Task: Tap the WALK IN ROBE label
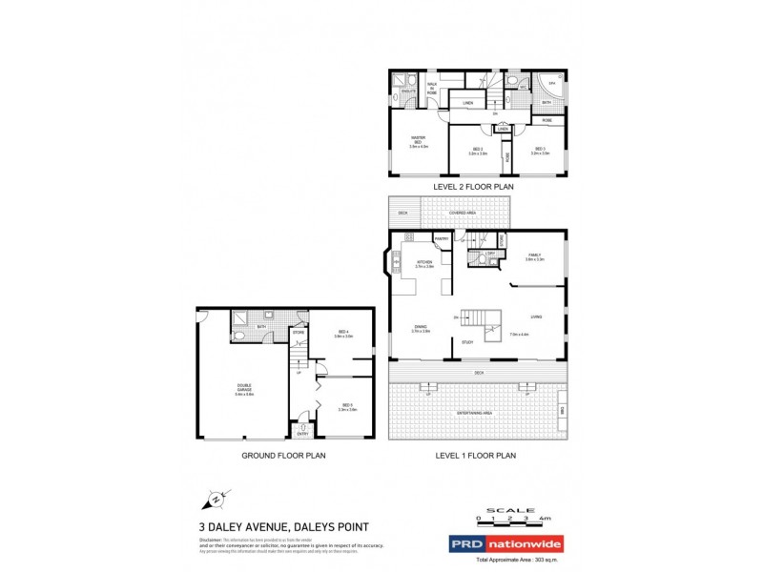432,89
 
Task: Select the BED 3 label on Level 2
540,150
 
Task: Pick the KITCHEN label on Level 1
424,263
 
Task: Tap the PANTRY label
442,238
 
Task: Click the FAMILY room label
534,255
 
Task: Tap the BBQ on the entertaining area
562,410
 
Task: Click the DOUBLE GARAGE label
244,389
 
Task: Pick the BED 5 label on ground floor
347,406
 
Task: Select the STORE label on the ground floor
299,332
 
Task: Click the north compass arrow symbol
217,498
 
